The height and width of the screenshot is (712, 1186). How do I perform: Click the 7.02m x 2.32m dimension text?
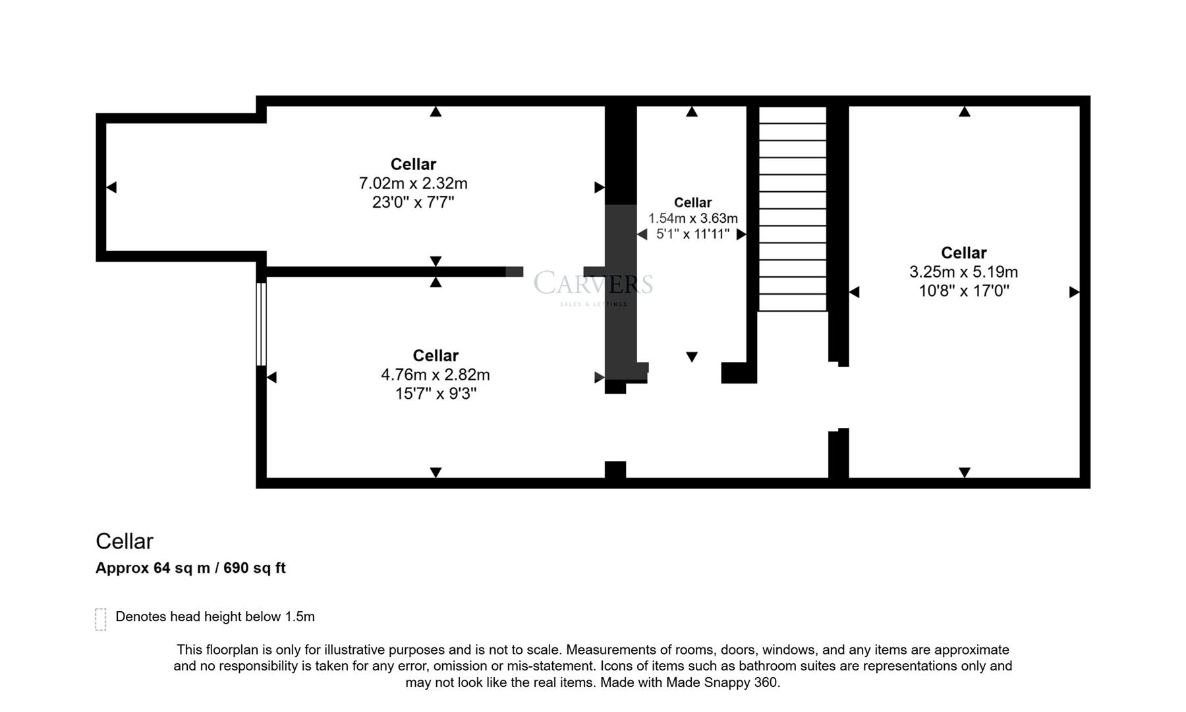click(x=413, y=183)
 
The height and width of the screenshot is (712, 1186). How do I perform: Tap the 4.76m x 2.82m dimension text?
click(x=435, y=374)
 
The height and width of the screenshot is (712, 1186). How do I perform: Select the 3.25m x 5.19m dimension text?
click(x=963, y=272)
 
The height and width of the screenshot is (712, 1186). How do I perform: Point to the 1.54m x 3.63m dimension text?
click(x=692, y=218)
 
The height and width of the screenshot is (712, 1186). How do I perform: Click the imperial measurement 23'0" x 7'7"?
click(x=413, y=202)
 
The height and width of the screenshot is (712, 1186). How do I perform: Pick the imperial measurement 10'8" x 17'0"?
click(x=963, y=291)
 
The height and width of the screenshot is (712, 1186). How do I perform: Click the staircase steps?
click(x=792, y=209)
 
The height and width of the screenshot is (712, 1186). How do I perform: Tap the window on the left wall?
click(x=261, y=324)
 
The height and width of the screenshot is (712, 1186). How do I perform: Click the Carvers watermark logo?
click(x=592, y=285)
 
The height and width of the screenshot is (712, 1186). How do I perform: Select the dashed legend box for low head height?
click(x=101, y=619)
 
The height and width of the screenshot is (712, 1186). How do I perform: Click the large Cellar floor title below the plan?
click(x=125, y=541)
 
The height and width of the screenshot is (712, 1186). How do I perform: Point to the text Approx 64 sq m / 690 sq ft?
click(x=190, y=568)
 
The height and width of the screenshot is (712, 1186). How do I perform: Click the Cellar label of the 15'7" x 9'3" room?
click(x=435, y=356)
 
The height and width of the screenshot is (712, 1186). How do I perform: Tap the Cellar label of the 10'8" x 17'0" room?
click(x=963, y=252)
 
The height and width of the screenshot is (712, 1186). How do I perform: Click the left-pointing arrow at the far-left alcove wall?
click(x=111, y=187)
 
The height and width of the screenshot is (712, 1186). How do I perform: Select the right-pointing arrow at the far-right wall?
click(x=1074, y=292)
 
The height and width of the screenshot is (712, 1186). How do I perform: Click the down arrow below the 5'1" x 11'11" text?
click(x=691, y=357)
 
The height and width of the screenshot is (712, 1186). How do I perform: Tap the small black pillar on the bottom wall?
click(x=615, y=469)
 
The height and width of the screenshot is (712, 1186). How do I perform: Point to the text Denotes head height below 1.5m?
click(x=215, y=616)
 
